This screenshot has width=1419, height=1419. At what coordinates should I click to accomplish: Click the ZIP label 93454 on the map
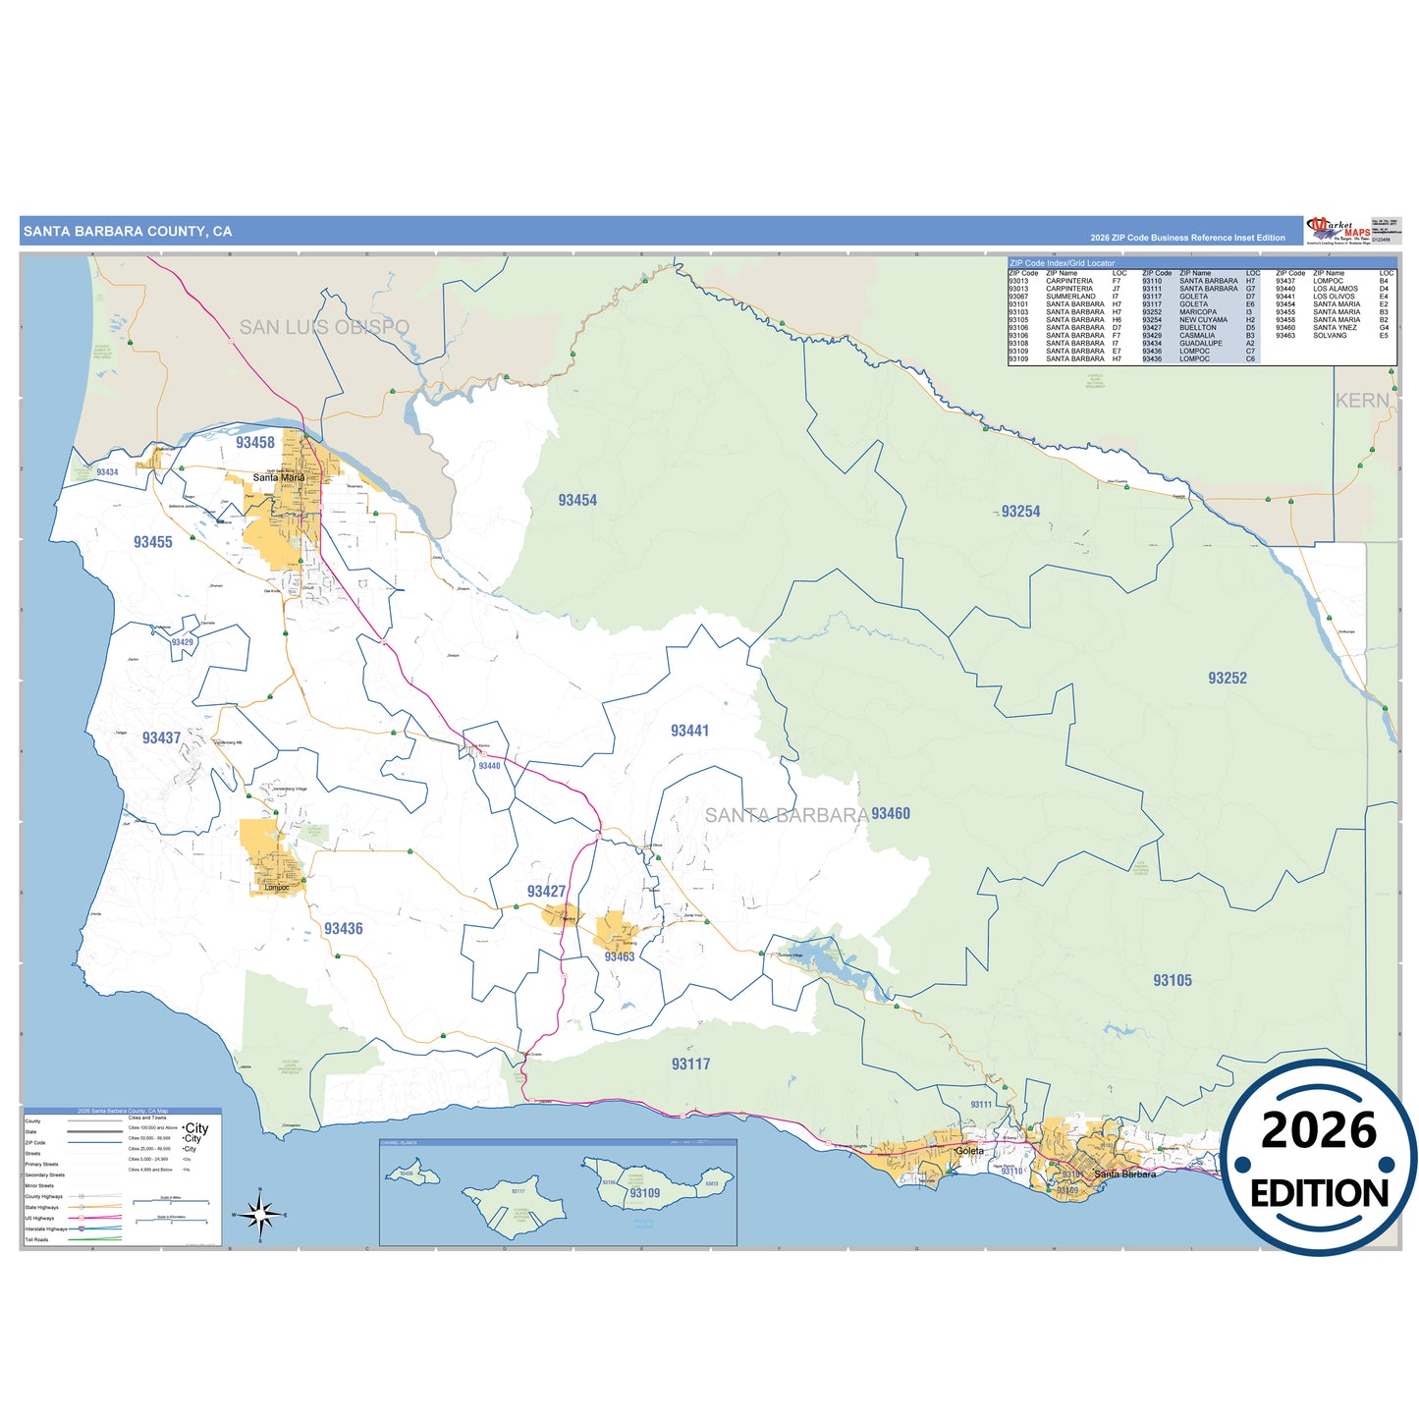[x=577, y=501]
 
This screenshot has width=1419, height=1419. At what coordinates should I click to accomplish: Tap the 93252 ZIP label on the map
[x=1228, y=679]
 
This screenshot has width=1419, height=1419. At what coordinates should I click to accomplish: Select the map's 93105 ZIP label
[x=1173, y=981]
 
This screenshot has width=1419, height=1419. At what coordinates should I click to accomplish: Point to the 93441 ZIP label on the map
[x=689, y=732]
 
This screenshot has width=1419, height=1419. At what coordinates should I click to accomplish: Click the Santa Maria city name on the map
[x=279, y=478]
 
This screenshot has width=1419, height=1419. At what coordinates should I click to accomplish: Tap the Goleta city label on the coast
[x=969, y=1151]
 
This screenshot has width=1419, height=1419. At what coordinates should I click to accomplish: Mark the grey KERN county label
[x=1362, y=401]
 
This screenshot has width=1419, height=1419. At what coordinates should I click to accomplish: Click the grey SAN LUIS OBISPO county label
[x=324, y=327]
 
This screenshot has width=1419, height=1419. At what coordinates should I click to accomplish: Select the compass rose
[x=260, y=1216]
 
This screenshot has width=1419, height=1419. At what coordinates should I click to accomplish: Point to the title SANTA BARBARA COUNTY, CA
[x=128, y=232]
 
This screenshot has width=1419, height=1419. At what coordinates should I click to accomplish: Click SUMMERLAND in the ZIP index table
[x=1070, y=297]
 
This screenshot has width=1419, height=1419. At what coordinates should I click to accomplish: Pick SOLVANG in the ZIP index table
[x=1330, y=336]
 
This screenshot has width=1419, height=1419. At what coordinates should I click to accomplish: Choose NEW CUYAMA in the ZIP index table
[x=1203, y=320]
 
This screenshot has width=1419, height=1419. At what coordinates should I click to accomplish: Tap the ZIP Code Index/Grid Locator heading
[x=1063, y=263]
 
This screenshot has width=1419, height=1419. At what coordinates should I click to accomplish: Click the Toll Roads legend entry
[x=36, y=1240]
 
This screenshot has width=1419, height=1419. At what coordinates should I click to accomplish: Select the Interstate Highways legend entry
[x=46, y=1229]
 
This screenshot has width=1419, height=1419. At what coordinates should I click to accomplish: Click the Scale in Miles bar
[x=171, y=1201]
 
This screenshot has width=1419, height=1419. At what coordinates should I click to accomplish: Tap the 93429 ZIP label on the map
[x=183, y=642]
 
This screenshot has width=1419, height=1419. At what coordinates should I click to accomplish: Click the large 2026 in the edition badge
[x=1318, y=1131]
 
